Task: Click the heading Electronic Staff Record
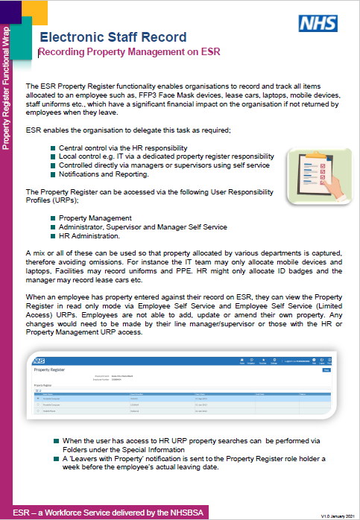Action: [113, 37]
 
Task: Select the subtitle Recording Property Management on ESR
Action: [128, 53]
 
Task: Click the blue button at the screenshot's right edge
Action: [326, 369]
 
